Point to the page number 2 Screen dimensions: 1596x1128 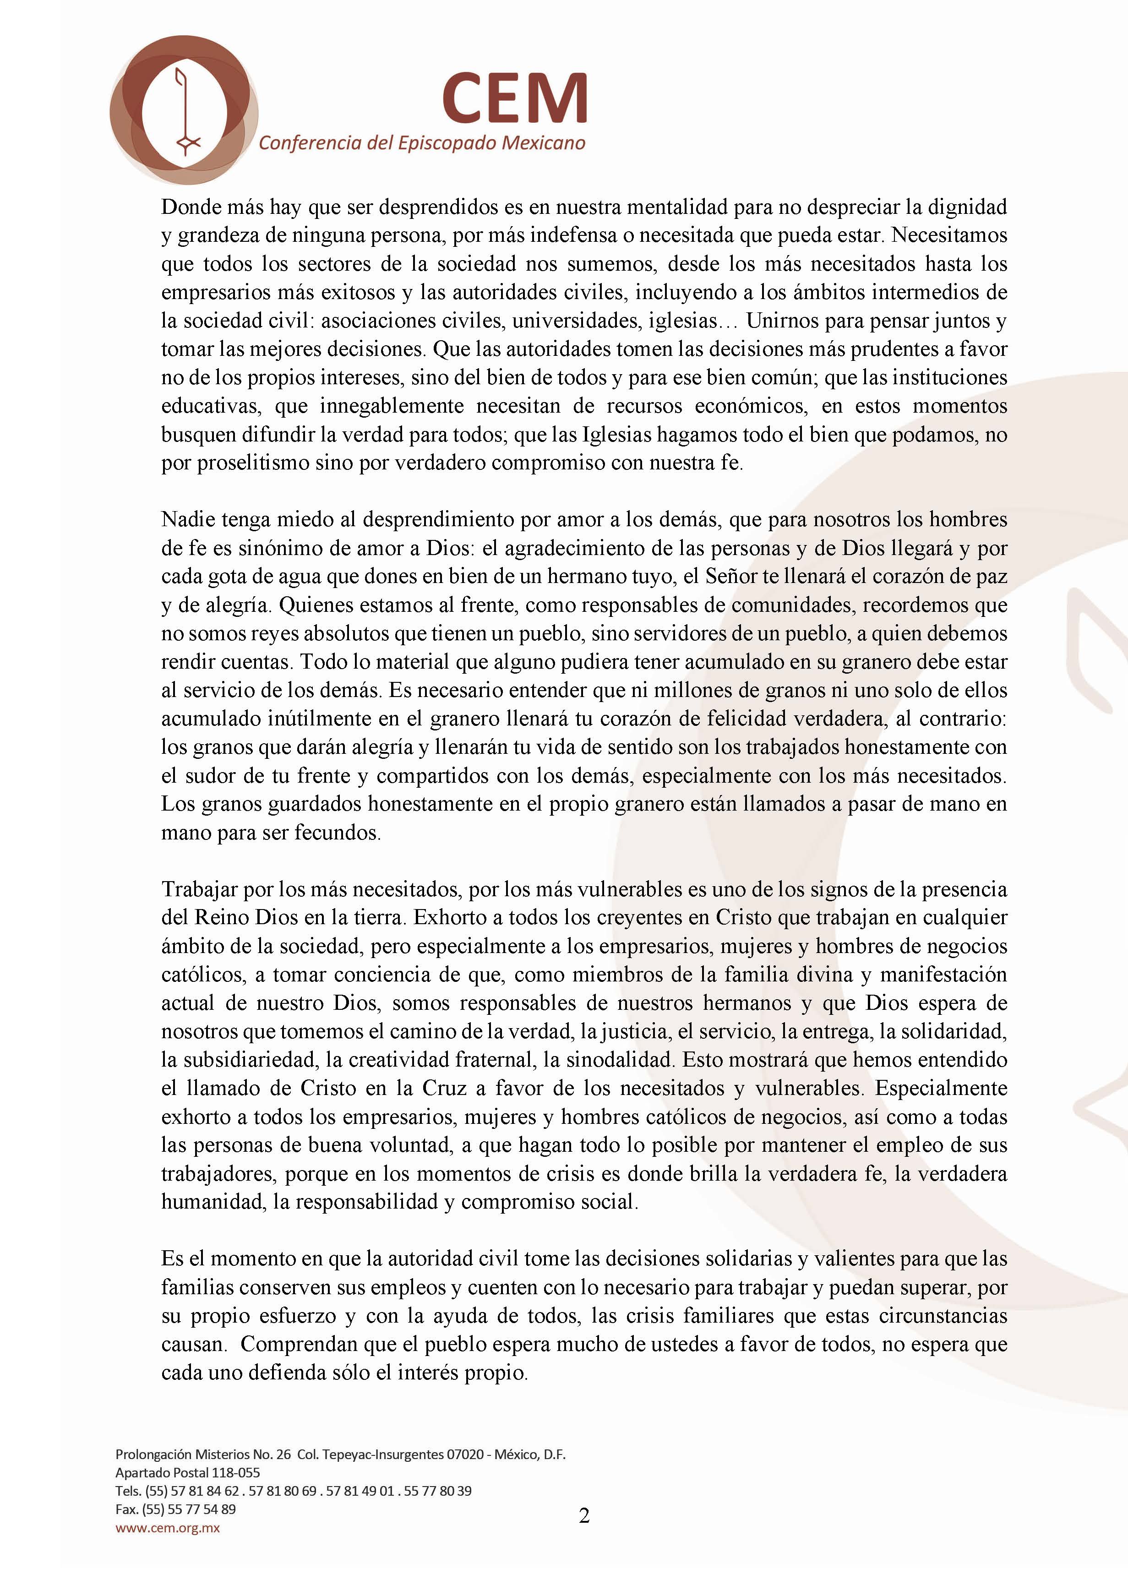coord(584,1515)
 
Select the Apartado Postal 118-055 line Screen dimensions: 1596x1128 coord(188,1472)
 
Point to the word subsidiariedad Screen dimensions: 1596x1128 coord(241,1059)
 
